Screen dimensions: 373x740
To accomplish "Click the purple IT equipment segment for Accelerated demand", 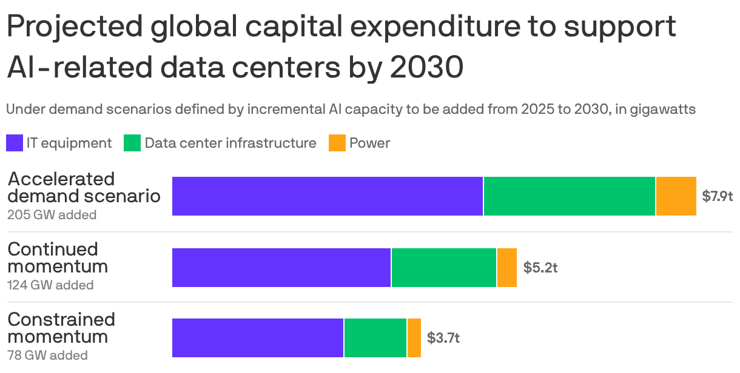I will tap(328, 196).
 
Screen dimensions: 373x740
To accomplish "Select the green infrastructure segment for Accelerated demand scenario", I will tap(570, 196).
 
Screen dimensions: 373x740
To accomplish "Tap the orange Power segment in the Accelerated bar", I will tap(676, 196).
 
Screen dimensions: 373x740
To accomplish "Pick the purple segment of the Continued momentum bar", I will tap(281, 267).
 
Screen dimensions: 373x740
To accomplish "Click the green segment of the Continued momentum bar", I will tap(444, 267).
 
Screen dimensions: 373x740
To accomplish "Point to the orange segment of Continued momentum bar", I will tap(507, 267).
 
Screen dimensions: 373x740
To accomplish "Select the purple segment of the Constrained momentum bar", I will tap(258, 337).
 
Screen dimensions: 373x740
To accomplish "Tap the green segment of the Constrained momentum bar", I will tap(375, 337).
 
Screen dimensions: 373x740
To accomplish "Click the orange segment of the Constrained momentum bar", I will tap(414, 337).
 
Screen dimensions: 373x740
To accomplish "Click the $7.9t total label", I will tap(718, 196).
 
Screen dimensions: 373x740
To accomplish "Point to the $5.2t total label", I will tap(540, 267).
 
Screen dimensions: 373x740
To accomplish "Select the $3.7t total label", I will tap(443, 337).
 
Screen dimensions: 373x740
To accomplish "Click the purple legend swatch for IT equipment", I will tap(15, 144).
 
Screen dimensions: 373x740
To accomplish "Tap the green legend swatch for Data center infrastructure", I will tap(132, 144).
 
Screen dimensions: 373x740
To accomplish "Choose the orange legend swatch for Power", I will tap(337, 144).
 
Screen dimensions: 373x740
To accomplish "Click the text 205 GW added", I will tap(52, 214).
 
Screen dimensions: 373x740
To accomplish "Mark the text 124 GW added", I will tap(50, 285).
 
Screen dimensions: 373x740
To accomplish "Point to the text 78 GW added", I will tap(47, 355).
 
